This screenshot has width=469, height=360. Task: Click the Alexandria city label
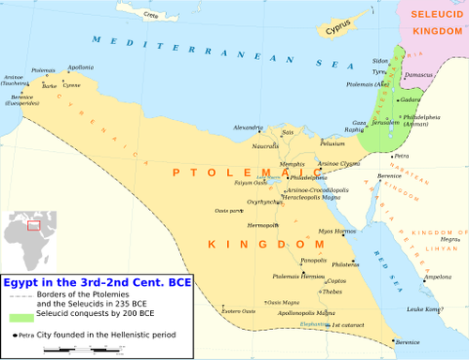click(248, 127)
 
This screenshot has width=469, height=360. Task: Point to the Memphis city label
click(266, 163)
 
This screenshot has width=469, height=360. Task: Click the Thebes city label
click(332, 292)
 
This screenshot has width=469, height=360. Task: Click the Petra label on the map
click(402, 156)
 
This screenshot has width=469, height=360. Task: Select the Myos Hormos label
click(337, 231)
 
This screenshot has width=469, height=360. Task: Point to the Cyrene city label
click(71, 84)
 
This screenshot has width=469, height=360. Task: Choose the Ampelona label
click(437, 277)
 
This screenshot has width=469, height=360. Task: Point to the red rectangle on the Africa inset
click(35, 225)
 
